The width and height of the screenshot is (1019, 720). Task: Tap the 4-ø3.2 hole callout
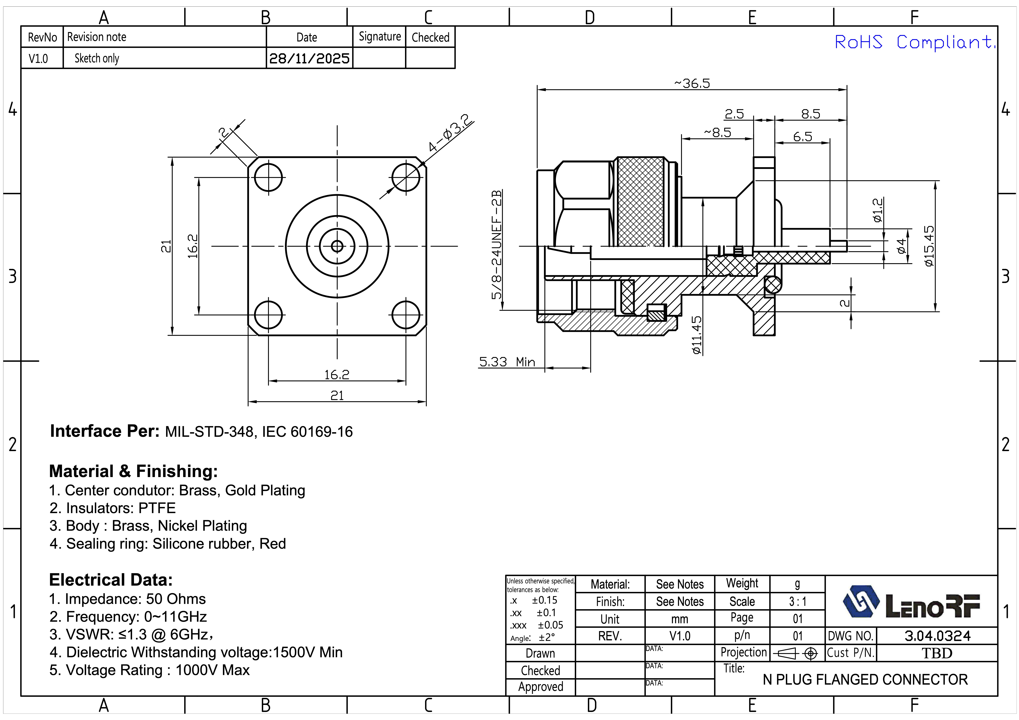pos(451,133)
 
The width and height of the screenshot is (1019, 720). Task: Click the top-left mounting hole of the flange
pos(269,177)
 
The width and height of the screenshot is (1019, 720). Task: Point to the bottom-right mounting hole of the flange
pos(406,315)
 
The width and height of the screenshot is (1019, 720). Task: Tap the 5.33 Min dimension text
pos(507,362)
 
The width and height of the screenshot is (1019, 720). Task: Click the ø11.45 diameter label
pos(697,335)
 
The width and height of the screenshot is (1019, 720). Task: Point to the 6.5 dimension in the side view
pos(802,137)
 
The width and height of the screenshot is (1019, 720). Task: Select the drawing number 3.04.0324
pos(937,636)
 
